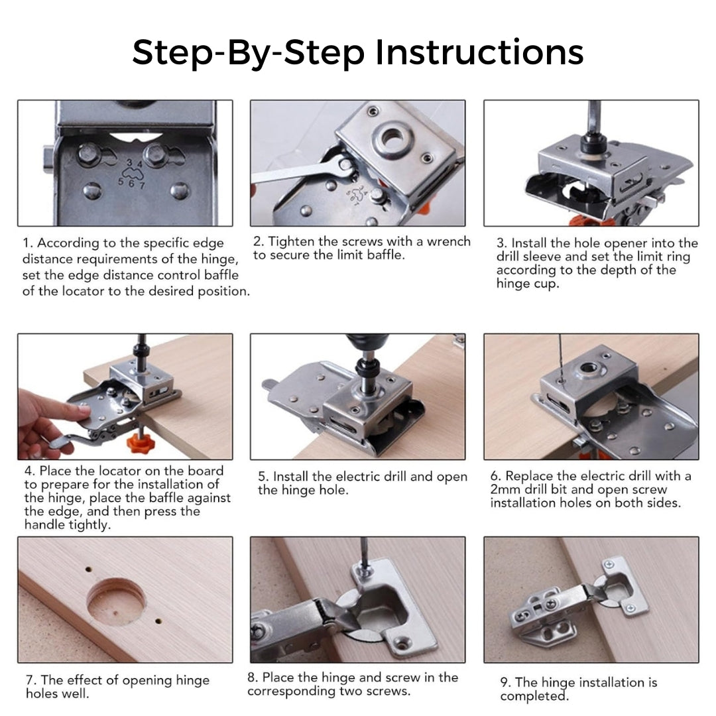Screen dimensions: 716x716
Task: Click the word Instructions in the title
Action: pos(479,52)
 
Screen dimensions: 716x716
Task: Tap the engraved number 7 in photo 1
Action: pos(142,186)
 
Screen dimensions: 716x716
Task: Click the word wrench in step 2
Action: pos(448,241)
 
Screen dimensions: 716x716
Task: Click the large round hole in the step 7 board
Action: pos(116,601)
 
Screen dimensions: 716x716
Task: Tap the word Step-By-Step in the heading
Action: pos(248,53)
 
